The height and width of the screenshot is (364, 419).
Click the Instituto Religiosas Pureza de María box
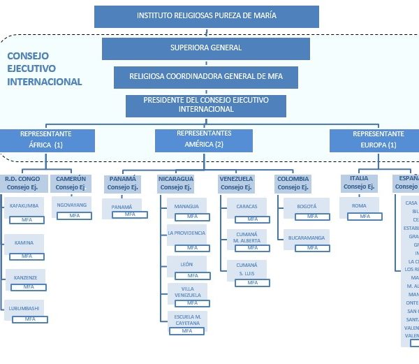point(206,16)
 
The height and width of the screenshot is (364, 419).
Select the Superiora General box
point(206,48)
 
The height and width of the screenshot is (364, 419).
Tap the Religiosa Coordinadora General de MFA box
point(206,76)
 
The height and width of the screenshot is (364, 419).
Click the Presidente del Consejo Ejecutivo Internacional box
point(206,105)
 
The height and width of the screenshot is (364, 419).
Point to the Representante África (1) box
point(46,140)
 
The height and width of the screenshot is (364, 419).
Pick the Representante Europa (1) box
point(378,140)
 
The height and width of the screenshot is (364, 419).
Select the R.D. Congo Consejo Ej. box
point(23,183)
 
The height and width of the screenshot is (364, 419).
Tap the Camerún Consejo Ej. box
point(70,183)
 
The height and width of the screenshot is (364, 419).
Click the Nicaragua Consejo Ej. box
point(176,183)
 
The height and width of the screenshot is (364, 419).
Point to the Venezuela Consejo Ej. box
point(236,183)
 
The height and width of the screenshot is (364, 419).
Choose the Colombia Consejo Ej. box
point(293,183)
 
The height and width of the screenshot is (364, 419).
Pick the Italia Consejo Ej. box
point(360,183)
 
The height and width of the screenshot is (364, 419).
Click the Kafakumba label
point(24,206)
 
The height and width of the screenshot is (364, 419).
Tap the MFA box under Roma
point(364,217)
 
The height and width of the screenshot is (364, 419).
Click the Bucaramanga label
point(307,238)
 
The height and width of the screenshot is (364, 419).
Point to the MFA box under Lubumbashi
point(30,319)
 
